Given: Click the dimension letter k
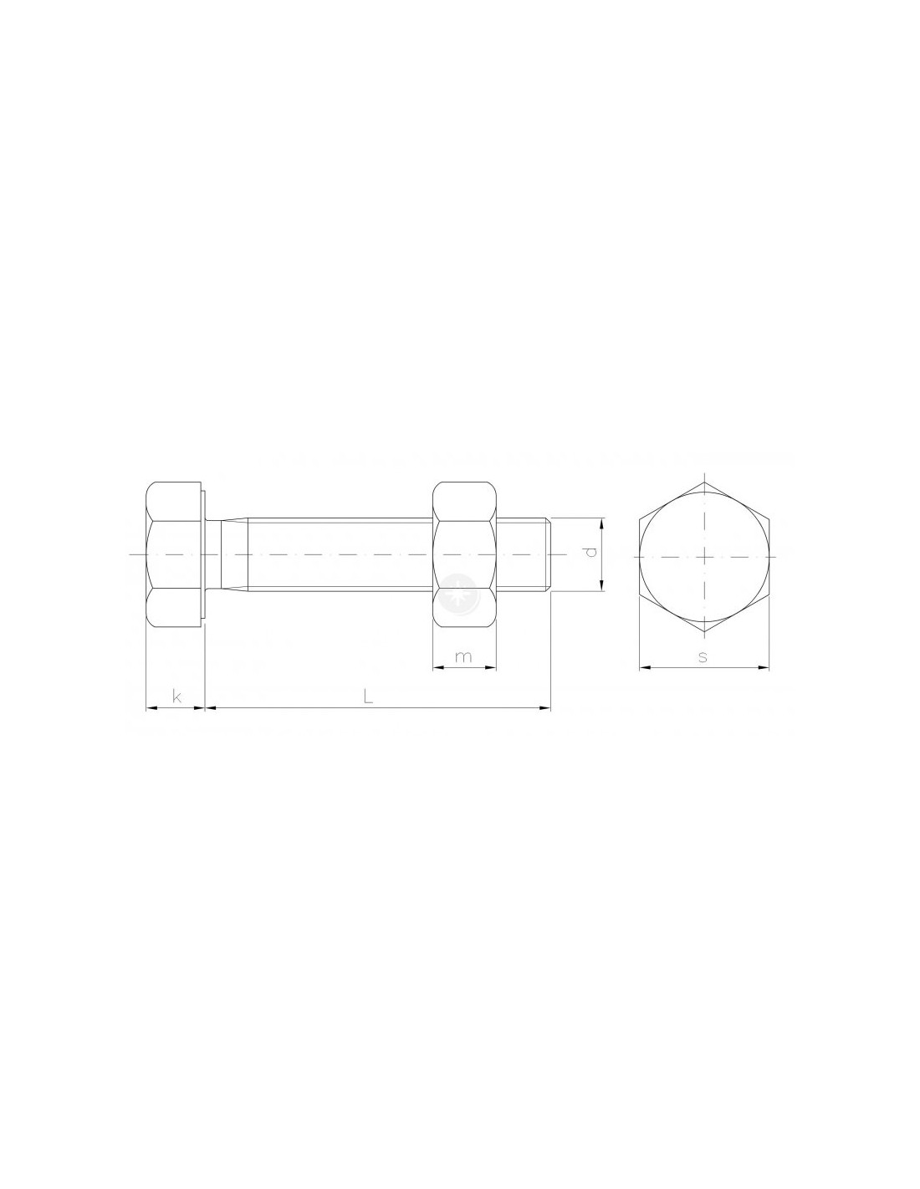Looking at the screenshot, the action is (176, 697).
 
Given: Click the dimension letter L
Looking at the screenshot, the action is (368, 696).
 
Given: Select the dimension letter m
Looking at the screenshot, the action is (463, 656).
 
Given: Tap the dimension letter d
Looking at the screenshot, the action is (590, 553).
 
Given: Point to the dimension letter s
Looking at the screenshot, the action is (703, 656).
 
